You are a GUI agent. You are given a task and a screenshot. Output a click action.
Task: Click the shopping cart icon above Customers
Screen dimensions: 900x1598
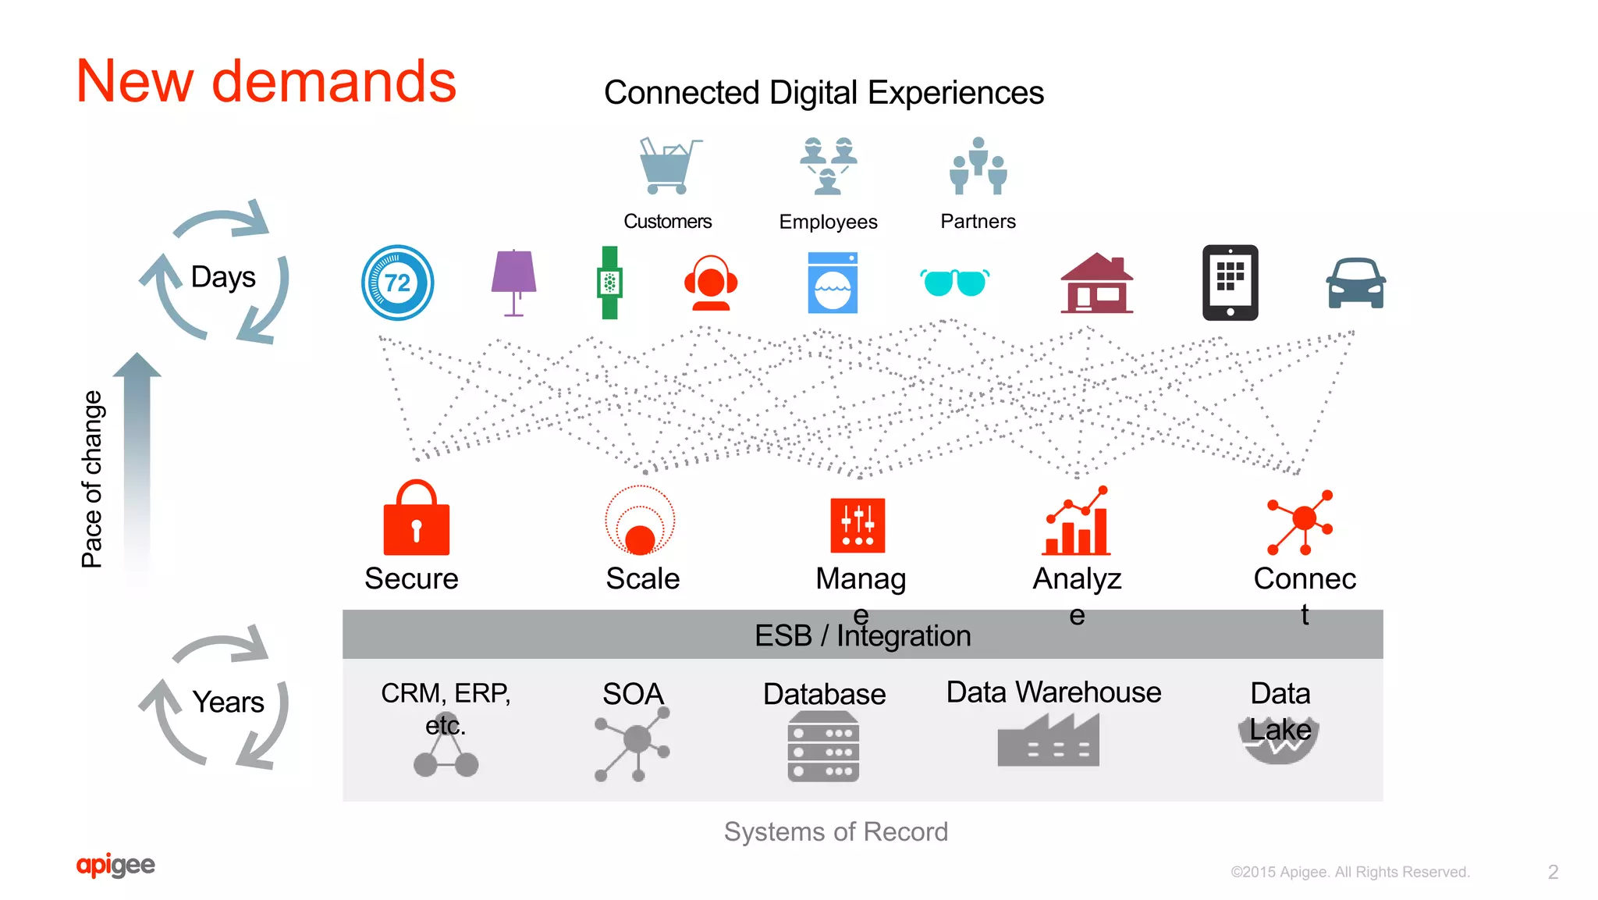(667, 167)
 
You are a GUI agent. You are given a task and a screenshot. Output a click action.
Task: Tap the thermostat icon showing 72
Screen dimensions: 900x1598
(398, 283)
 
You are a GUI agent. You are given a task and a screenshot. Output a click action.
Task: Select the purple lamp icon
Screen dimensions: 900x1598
(513, 281)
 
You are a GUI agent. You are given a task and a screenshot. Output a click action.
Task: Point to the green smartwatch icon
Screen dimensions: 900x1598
(609, 283)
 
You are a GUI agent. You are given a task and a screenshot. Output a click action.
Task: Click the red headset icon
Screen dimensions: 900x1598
(711, 283)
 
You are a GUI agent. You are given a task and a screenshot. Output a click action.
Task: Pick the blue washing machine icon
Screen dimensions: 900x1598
(833, 283)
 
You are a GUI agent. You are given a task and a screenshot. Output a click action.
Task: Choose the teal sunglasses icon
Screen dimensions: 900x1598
(955, 282)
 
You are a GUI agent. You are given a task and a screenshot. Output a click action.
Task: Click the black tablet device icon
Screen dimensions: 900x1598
(1230, 283)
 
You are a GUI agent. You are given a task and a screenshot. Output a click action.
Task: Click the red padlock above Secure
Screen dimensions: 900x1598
(417, 518)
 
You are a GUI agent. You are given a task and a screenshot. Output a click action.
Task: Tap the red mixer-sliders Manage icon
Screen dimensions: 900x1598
(858, 525)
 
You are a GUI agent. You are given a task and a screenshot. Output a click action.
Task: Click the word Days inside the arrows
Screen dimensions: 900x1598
(223, 277)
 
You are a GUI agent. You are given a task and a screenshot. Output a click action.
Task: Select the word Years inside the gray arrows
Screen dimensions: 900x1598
(228, 702)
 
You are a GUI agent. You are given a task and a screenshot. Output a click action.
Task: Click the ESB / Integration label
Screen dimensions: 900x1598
(862, 635)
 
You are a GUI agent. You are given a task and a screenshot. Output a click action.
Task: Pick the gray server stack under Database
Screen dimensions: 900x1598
(823, 747)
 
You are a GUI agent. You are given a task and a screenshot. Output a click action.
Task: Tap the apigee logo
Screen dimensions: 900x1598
(115, 865)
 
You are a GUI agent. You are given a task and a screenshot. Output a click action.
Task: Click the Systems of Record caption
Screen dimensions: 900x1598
(836, 832)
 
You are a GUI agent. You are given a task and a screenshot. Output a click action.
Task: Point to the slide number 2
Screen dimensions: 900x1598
(1553, 872)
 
